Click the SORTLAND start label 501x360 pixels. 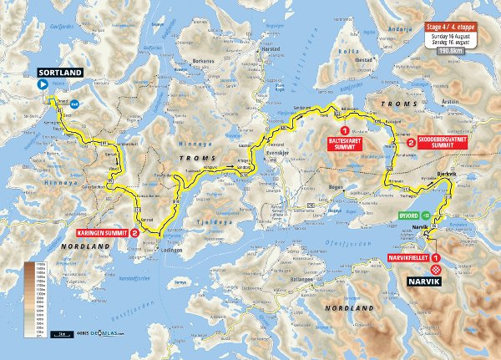[x=60, y=74]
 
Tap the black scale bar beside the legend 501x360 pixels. [x=63, y=332]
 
